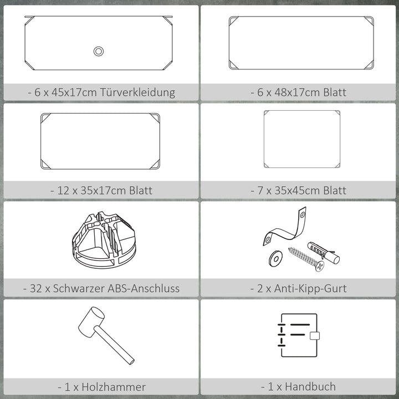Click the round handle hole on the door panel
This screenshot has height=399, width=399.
click(99, 51)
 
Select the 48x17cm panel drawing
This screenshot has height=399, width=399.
click(301, 43)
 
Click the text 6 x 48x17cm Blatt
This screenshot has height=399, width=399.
click(301, 93)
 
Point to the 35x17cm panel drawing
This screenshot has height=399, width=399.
click(100, 141)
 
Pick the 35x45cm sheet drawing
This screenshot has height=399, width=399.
click(301, 139)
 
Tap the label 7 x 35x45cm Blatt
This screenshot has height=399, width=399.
click(301, 191)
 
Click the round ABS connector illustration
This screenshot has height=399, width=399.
click(104, 240)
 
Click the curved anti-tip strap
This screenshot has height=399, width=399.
click(285, 228)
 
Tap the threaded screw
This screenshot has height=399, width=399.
click(305, 259)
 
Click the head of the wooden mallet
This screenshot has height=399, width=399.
click(91, 323)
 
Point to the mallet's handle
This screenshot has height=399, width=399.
click(116, 347)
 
